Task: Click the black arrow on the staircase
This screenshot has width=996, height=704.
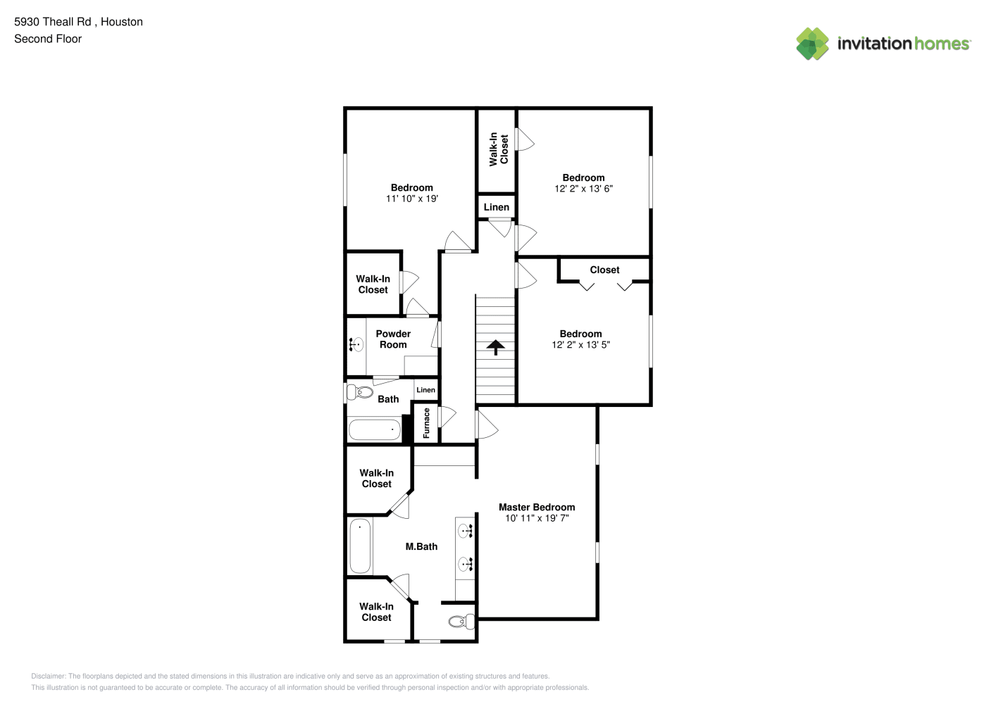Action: (x=495, y=347)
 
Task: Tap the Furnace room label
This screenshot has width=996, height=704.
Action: (x=426, y=423)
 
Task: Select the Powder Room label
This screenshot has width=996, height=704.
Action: (x=393, y=339)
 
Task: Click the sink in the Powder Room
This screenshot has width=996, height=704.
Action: (x=356, y=344)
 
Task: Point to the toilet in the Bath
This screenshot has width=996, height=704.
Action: (x=360, y=392)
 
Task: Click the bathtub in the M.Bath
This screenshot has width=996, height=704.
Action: (x=360, y=546)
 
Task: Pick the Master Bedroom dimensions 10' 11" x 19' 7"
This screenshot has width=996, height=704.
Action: (x=537, y=518)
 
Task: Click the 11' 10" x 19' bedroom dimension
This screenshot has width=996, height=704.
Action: (x=412, y=199)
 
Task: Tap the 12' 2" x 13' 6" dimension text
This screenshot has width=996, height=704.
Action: (x=583, y=189)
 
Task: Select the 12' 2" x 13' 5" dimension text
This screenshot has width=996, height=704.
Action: (x=580, y=344)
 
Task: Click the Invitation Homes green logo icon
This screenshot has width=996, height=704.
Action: (x=812, y=44)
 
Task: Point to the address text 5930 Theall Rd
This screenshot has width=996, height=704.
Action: (x=53, y=22)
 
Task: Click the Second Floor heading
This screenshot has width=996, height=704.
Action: (x=48, y=39)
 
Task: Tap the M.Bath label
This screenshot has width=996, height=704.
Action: (x=421, y=547)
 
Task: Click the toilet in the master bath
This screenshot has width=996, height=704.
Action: (x=461, y=621)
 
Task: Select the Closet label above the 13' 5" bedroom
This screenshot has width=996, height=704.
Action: (x=604, y=270)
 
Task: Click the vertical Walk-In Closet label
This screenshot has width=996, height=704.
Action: (x=499, y=149)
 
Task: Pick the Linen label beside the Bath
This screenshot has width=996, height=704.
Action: (x=425, y=390)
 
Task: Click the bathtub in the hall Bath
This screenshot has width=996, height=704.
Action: (x=375, y=429)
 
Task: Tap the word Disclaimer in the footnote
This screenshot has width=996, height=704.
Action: (x=48, y=676)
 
